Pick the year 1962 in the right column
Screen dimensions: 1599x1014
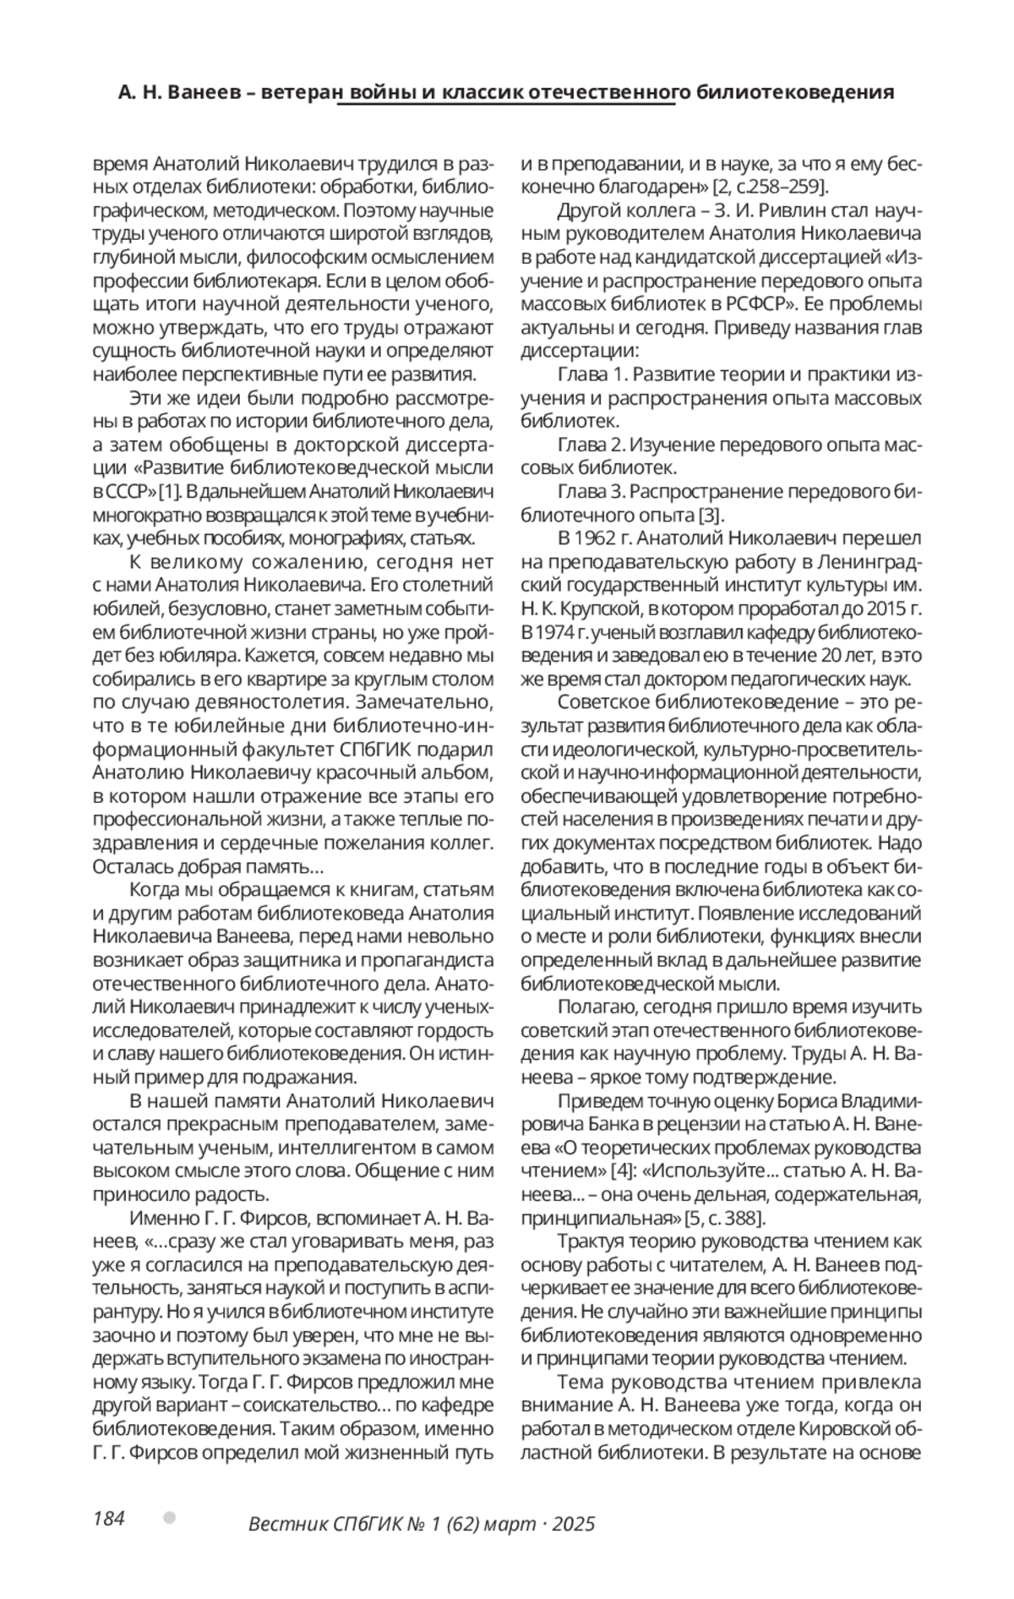pos(602,538)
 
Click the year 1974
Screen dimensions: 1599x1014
pos(550,632)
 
